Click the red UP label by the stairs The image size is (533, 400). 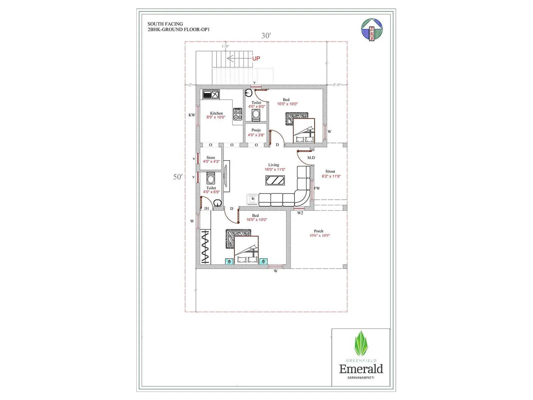click(256, 58)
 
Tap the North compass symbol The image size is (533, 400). click(372, 29)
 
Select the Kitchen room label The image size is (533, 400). click(216, 113)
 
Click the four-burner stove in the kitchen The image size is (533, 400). click(238, 114)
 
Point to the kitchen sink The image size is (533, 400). click(211, 94)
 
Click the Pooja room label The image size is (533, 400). click(256, 130)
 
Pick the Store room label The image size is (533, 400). click(211, 157)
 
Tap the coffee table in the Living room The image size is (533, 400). click(275, 180)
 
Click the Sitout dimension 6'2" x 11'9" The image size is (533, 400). click(331, 176)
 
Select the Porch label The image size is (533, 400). click(318, 231)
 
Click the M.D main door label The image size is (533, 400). click(311, 158)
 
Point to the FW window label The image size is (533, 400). click(317, 188)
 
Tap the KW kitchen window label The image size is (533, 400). click(192, 115)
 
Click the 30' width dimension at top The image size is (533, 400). click(266, 36)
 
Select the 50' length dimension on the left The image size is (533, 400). click(178, 177)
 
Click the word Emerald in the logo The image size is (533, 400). click(361, 369)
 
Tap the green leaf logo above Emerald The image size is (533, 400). click(361, 344)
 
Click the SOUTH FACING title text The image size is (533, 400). click(165, 24)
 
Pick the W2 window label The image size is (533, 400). click(300, 213)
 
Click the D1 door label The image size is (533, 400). click(207, 209)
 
